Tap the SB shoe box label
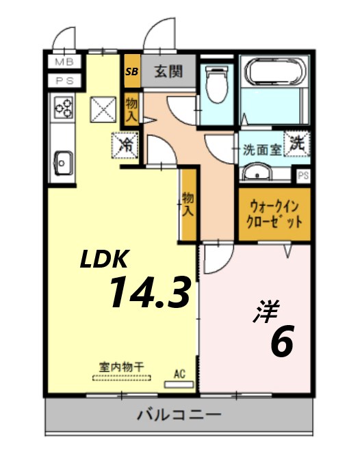pyautogui.click(x=131, y=71)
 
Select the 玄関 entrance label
pyautogui.click(x=167, y=71)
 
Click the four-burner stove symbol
pyautogui.click(x=64, y=107)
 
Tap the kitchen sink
pyautogui.click(x=64, y=163)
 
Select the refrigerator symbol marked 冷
pyautogui.click(x=126, y=144)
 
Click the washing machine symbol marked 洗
pyautogui.click(x=296, y=144)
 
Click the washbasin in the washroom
pyautogui.click(x=258, y=172)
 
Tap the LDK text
pyautogui.click(x=104, y=259)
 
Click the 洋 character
pyautogui.click(x=266, y=312)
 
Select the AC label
pyautogui.click(x=180, y=374)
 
